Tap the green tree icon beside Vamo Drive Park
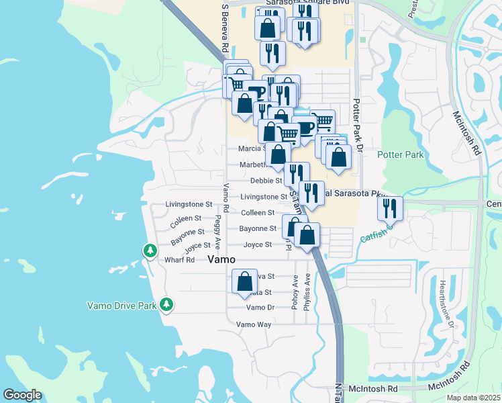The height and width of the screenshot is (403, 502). click(x=166, y=306)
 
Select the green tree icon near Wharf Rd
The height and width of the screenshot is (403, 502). click(x=150, y=251)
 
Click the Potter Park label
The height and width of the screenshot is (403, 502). click(x=400, y=155)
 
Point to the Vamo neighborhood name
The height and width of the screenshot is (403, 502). click(x=221, y=259)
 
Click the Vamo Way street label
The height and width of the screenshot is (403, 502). click(x=254, y=324)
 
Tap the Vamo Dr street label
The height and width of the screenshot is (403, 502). click(x=260, y=308)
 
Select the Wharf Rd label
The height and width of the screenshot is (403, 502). click(x=179, y=260)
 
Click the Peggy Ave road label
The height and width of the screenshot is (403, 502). click(x=218, y=232)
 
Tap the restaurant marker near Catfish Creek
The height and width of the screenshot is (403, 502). click(x=390, y=209)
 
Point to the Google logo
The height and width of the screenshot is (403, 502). click(x=23, y=395)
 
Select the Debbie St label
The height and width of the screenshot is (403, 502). click(x=266, y=181)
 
